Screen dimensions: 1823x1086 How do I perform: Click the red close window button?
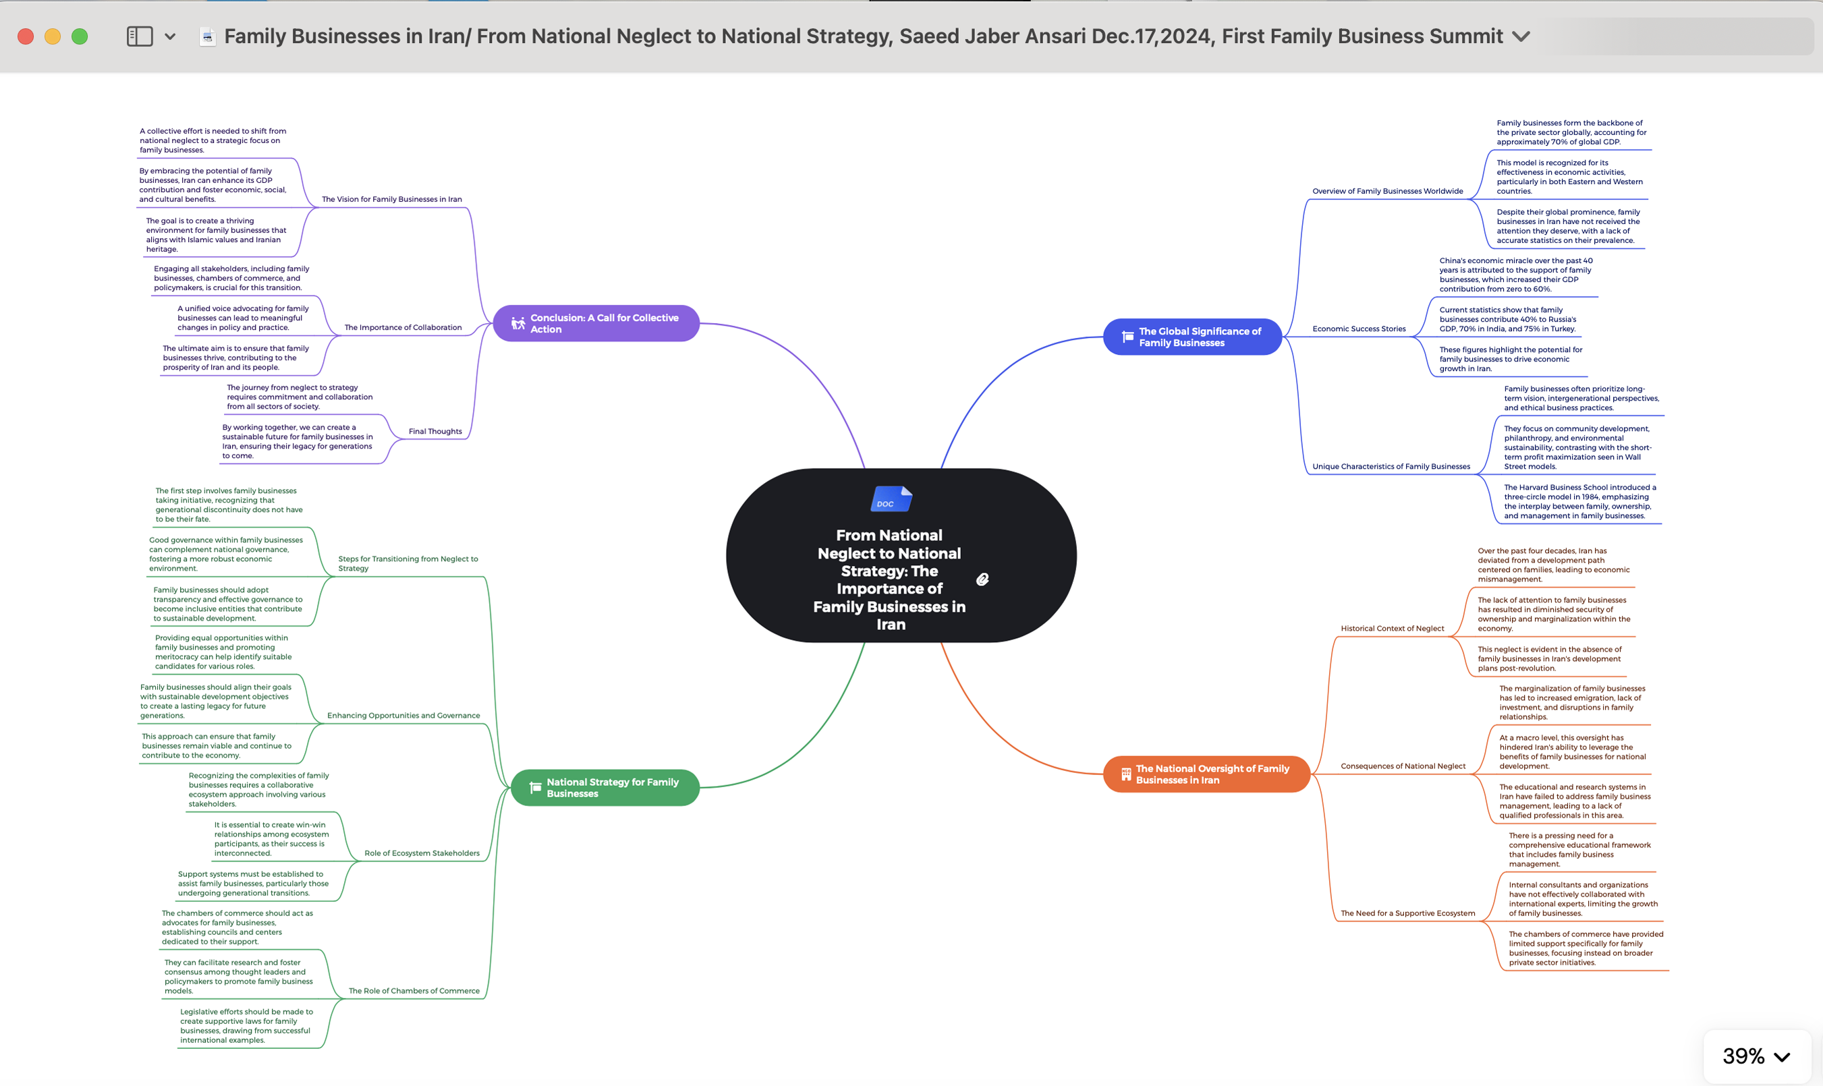click(26, 36)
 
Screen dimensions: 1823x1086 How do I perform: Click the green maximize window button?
click(80, 36)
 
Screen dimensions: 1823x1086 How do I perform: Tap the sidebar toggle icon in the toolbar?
click(140, 36)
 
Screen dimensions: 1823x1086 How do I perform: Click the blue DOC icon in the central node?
click(891, 499)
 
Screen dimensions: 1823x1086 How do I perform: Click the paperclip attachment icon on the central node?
click(982, 579)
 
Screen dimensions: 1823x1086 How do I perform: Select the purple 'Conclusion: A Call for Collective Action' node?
click(596, 324)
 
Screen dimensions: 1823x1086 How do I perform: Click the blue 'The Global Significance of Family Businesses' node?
click(1192, 337)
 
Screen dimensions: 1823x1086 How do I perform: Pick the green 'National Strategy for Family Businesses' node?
click(605, 787)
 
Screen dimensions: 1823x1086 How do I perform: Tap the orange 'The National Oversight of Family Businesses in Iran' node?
click(1206, 774)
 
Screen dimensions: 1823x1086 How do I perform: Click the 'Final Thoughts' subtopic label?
click(435, 432)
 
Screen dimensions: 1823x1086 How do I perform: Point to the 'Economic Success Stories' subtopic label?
click(1359, 329)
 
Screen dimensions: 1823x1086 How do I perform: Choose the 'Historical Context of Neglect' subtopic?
click(1392, 629)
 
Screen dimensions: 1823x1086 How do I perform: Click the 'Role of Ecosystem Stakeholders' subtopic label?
click(422, 853)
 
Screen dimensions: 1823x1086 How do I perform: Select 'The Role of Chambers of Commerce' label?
click(414, 991)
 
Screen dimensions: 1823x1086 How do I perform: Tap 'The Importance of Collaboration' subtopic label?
click(403, 328)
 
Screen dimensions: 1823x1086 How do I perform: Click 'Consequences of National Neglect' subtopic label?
click(1403, 766)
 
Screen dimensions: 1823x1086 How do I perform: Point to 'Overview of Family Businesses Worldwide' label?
click(1388, 192)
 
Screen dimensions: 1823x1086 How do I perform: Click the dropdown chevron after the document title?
click(1521, 36)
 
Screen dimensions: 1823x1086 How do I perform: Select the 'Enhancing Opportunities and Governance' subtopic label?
click(403, 716)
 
